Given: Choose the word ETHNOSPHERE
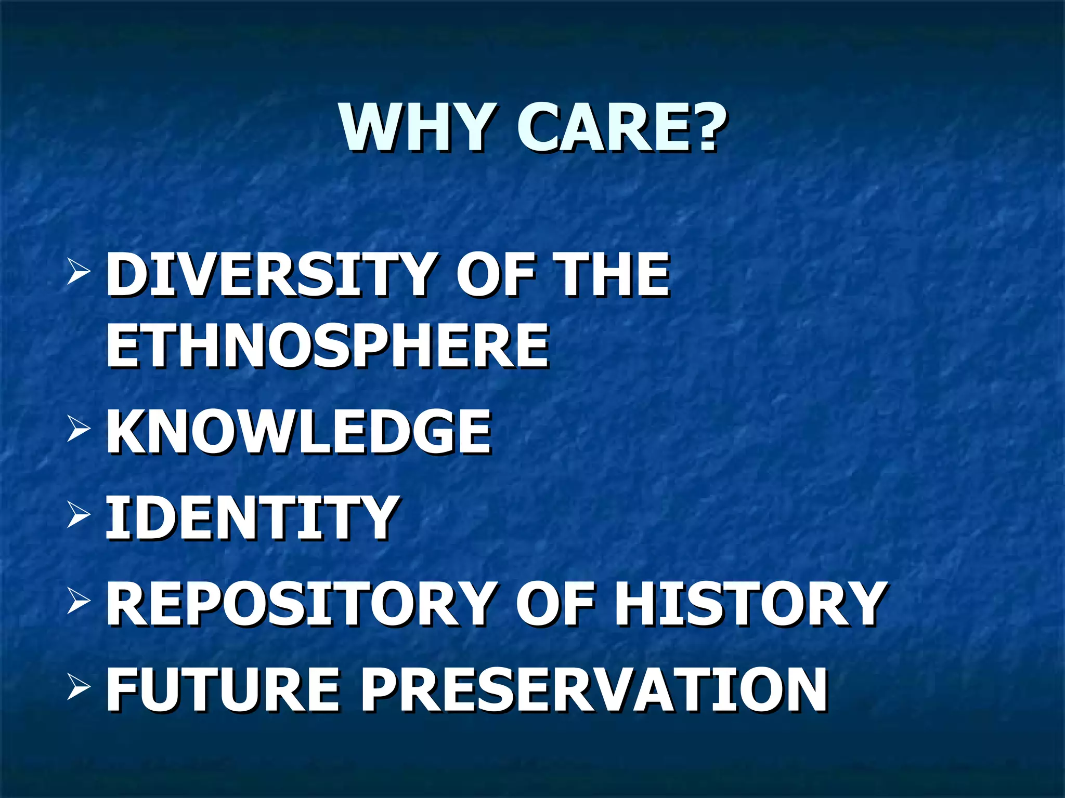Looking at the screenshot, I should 327,345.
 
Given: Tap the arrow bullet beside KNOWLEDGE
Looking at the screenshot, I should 79,430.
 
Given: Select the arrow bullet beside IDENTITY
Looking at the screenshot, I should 79,515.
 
